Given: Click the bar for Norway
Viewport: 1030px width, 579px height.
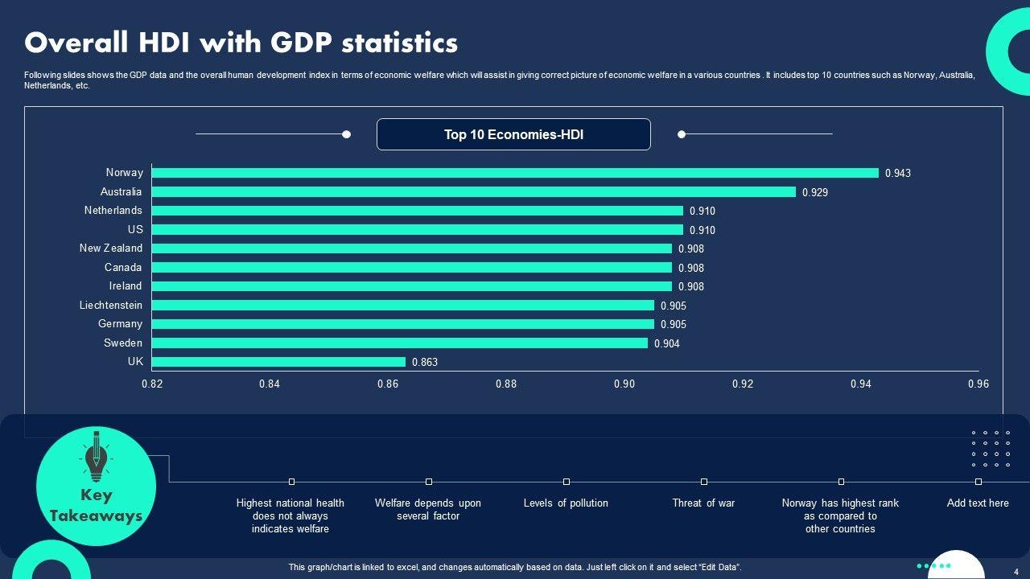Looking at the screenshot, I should click(515, 173).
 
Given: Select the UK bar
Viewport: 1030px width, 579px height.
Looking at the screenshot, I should click(278, 362).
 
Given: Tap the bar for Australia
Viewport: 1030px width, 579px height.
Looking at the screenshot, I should click(473, 192).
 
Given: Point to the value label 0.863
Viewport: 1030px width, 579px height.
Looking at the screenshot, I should click(425, 363).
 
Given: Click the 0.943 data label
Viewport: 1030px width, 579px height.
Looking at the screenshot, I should click(898, 174).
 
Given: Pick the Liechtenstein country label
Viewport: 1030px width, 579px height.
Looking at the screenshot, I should click(111, 306).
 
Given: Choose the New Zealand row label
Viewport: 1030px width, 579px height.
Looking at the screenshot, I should click(111, 248).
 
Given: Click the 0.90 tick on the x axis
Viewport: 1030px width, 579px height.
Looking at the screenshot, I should click(624, 384).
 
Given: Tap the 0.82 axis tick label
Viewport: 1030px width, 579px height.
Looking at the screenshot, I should click(152, 384).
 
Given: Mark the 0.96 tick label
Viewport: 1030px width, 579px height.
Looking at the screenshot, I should click(978, 384).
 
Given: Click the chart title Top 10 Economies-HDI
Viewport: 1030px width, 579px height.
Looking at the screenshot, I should click(513, 135).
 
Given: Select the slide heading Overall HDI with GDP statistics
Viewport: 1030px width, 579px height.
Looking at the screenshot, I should click(241, 43).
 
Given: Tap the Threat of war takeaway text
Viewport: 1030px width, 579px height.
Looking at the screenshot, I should click(703, 503).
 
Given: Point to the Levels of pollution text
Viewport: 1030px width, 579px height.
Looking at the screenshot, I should click(566, 503).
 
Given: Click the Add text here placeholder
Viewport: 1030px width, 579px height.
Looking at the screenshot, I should click(978, 503).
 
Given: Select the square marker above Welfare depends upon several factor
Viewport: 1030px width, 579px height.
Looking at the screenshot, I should click(429, 482).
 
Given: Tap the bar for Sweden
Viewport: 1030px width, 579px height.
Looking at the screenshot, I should click(399, 343).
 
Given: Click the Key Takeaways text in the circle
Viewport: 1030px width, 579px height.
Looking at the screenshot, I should click(96, 506).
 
